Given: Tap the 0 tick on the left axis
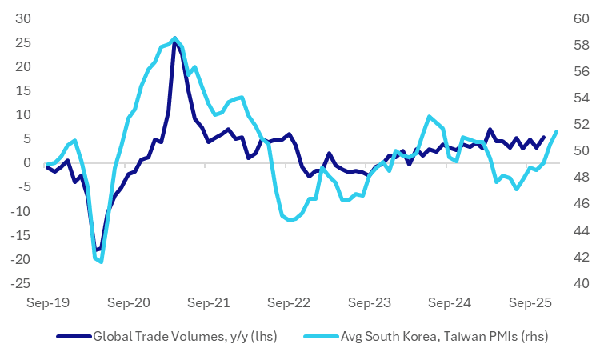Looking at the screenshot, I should click(26, 163).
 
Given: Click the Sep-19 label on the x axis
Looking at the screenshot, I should click(47, 304).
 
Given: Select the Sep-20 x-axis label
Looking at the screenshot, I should click(128, 304).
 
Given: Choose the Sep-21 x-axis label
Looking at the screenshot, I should click(208, 304).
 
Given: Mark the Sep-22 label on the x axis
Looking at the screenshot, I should click(288, 304).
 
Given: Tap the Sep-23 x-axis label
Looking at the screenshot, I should click(369, 304).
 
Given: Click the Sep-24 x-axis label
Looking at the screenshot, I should click(450, 304).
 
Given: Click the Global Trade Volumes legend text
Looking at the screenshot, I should click(185, 336).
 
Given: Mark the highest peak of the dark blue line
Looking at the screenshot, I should click(174, 42).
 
